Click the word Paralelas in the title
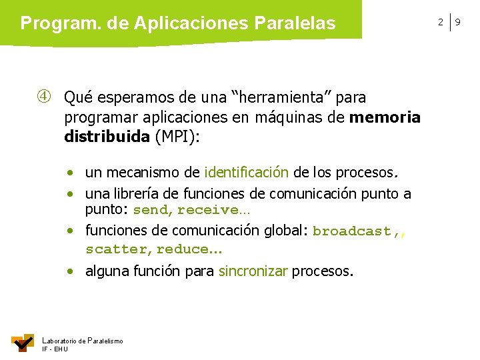[x=295, y=23]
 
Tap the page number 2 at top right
[x=440, y=23]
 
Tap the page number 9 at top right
[x=458, y=23]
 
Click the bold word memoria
[x=385, y=118]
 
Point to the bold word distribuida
[x=107, y=138]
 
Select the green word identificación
[x=247, y=173]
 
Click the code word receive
[x=207, y=211]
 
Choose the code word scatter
[x=116, y=249]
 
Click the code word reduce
[x=181, y=249]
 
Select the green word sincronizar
[x=253, y=271]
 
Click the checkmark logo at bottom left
[x=23, y=342]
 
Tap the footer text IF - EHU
[x=55, y=349]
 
